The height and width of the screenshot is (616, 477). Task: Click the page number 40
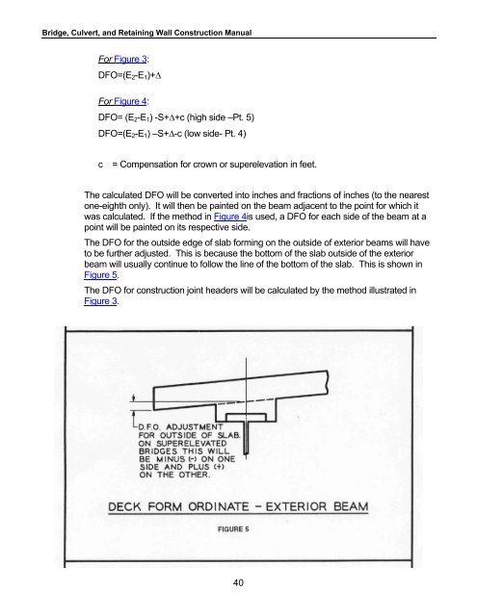[x=238, y=582]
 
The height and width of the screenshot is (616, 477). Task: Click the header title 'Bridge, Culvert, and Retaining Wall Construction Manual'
[x=146, y=33]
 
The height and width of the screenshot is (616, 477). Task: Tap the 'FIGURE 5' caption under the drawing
[x=233, y=528]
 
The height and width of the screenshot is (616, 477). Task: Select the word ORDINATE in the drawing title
[x=220, y=506]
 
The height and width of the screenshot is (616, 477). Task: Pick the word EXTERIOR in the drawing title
[x=296, y=506]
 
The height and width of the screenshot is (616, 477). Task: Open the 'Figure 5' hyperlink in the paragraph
[x=100, y=274]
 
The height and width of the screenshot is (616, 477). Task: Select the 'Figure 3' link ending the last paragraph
[x=100, y=301]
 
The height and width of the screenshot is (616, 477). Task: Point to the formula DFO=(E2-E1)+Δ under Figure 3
[x=130, y=75]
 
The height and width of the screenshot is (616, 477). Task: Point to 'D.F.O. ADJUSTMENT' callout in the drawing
[x=180, y=427]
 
